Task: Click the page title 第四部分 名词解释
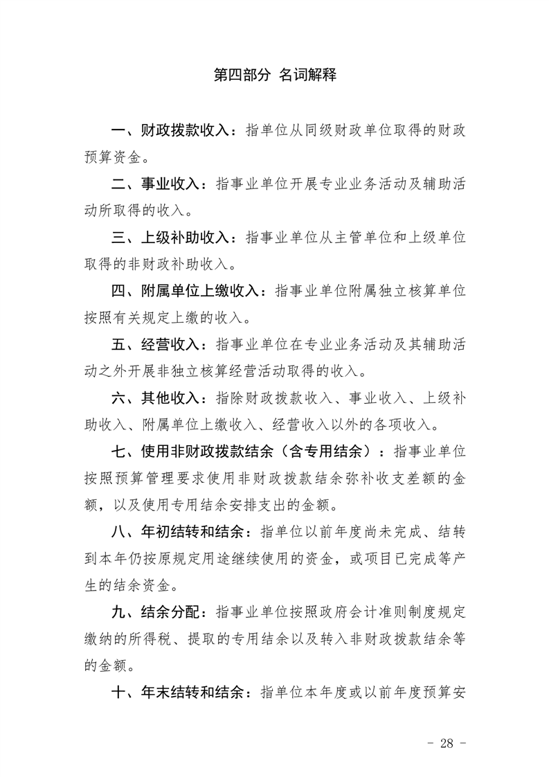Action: [275, 75]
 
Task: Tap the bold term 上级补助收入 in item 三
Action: [183, 238]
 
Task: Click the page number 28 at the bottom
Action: [446, 744]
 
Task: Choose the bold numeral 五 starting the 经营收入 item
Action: [118, 345]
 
